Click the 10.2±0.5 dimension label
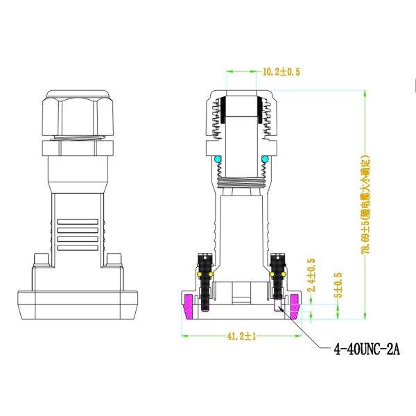pyautogui.click(x=281, y=71)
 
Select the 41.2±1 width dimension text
pyautogui.click(x=241, y=336)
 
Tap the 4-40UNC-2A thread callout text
pyautogui.click(x=367, y=349)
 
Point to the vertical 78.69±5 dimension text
pyautogui.click(x=365, y=205)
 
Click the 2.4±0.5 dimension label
pyautogui.click(x=311, y=275)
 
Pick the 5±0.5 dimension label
pyautogui.click(x=338, y=285)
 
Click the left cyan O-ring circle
pyautogui.click(x=218, y=159)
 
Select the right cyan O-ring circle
pyautogui.click(x=265, y=159)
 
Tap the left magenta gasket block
pyautogui.click(x=189, y=306)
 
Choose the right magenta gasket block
pyautogui.click(x=294, y=306)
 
